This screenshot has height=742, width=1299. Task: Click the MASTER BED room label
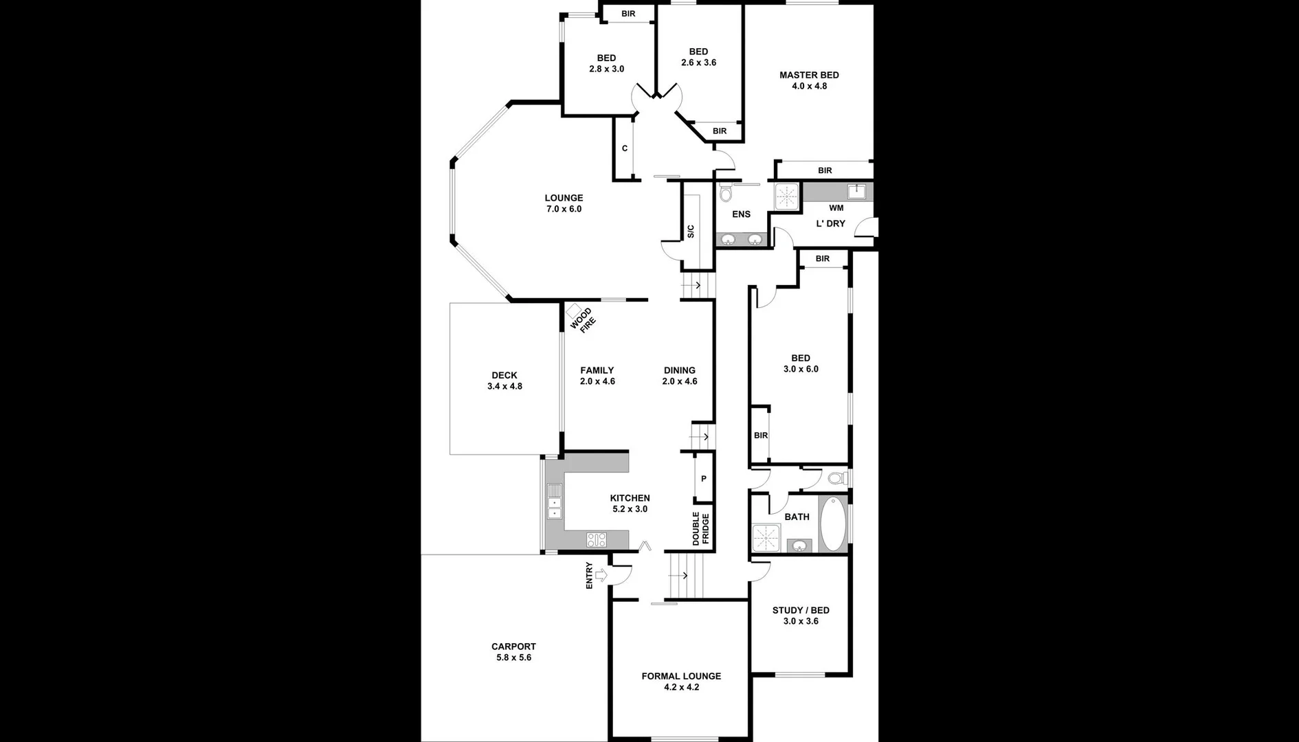809,76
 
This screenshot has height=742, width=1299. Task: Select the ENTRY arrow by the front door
601,574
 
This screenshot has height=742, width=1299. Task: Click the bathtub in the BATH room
834,524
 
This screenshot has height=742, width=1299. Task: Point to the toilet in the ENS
726,194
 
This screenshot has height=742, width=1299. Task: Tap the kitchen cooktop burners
597,540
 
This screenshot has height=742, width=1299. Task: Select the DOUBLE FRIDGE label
700,528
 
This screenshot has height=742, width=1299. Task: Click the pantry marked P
704,479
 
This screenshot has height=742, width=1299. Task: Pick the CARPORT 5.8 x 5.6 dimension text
513,657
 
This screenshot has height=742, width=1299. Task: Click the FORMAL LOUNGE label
681,676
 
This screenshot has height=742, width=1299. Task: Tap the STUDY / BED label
801,610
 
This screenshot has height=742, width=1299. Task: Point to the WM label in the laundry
836,208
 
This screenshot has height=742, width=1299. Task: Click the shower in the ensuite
787,195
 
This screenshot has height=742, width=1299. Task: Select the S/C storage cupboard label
691,232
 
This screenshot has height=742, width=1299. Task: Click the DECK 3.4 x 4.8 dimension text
504,386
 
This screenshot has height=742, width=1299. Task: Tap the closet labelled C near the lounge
625,148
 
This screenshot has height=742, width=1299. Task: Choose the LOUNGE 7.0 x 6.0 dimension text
564,209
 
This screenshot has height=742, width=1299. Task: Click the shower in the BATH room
766,538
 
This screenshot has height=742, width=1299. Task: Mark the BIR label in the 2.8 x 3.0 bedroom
628,14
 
